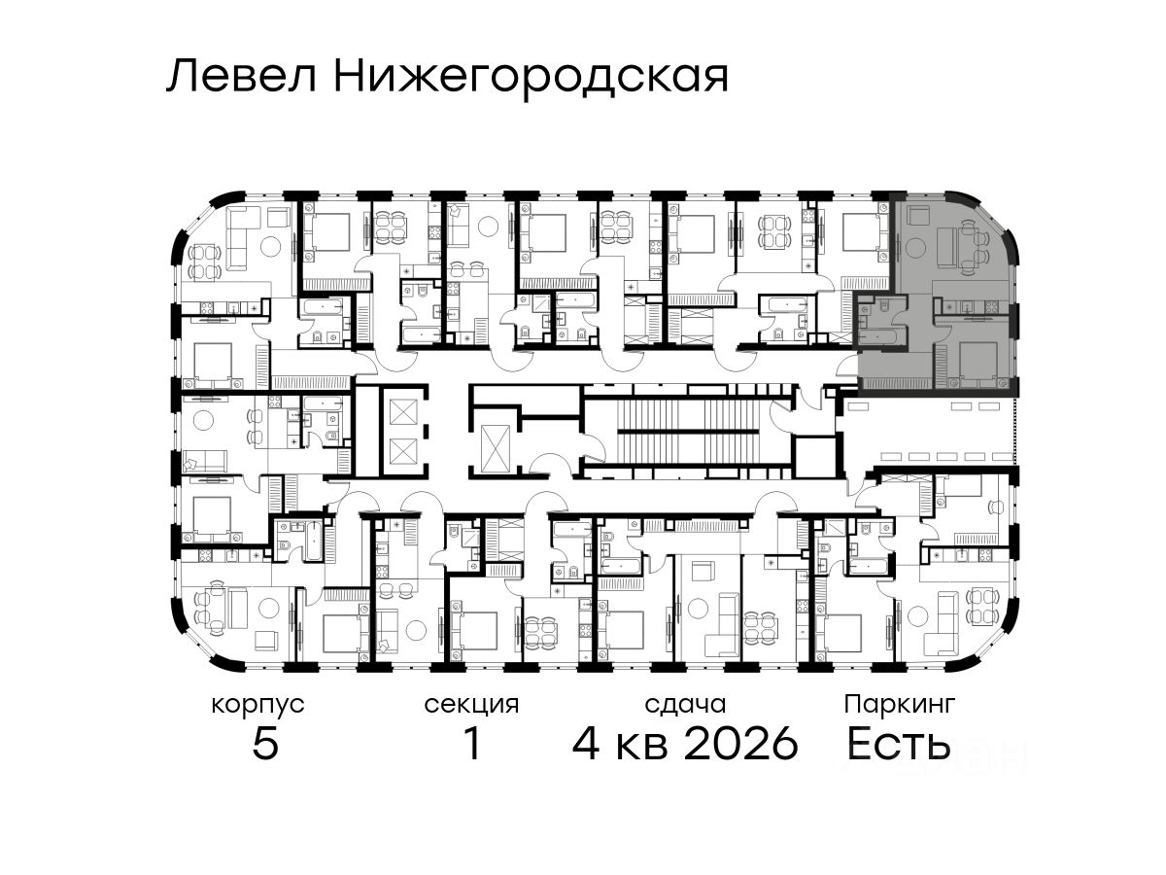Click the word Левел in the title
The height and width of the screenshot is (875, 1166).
tap(242, 77)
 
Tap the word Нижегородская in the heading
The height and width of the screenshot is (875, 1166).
tap(531, 79)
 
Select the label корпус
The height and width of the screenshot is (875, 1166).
tap(257, 706)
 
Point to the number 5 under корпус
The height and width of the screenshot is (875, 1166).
tap(265, 743)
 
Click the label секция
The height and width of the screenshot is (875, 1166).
tap(471, 706)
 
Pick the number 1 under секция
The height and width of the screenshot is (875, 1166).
tap(472, 743)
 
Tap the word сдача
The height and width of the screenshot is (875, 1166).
tap(685, 705)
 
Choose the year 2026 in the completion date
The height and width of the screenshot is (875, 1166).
tap(740, 743)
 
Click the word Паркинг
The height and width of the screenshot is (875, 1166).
tap(900, 706)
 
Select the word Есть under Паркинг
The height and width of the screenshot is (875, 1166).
tap(898, 743)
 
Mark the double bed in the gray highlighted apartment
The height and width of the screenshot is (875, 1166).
tap(977, 362)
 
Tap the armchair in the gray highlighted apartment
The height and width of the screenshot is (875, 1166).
tap(917, 216)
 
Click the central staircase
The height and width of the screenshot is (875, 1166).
tap(690, 433)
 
